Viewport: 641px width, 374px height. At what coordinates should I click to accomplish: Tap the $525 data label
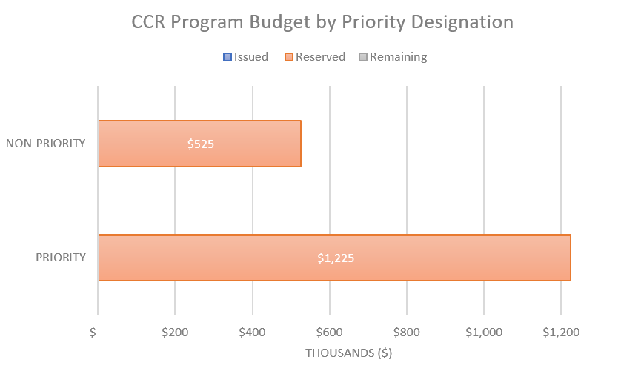(200, 144)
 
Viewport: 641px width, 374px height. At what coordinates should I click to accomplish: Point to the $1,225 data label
(334, 258)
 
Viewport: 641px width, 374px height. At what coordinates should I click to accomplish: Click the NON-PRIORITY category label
(46, 144)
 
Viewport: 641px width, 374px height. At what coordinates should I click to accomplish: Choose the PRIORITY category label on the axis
(61, 258)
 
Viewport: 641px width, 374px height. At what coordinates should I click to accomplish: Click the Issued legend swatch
(227, 57)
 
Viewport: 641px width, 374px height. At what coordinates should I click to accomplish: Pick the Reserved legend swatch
(289, 57)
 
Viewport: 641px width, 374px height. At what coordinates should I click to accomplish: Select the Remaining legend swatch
(363, 57)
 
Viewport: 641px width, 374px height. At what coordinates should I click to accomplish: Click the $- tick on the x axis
(95, 333)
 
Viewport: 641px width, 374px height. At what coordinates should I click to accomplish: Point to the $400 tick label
(252, 333)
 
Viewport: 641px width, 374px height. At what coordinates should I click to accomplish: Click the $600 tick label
(329, 333)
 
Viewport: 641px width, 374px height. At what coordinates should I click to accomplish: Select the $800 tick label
(406, 333)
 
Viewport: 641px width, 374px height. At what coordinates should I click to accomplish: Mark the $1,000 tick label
(483, 333)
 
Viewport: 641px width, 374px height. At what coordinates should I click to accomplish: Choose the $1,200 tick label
(560, 333)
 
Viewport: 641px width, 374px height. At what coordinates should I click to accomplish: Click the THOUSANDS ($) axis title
(349, 353)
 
